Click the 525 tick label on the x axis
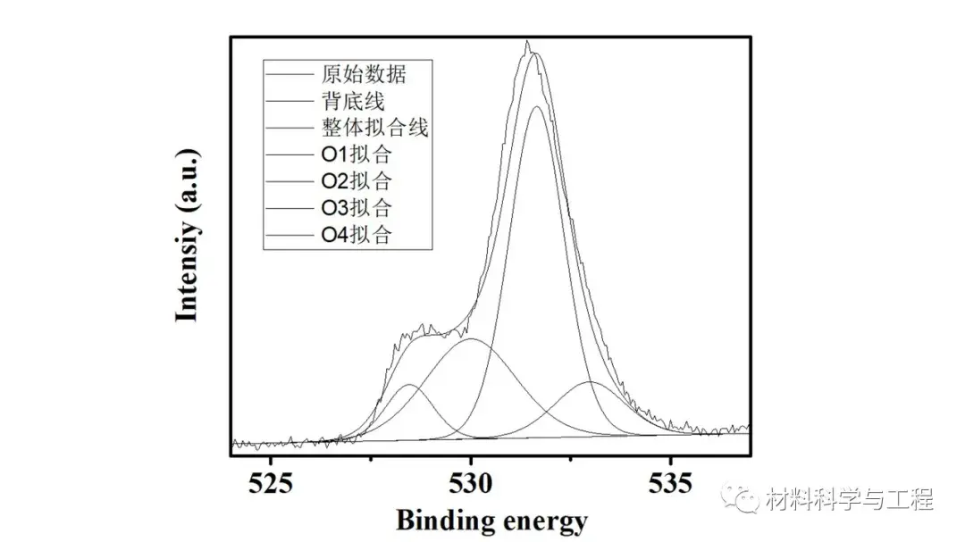tap(272, 484)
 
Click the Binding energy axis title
tap(491, 520)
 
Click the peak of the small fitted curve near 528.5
tap(410, 385)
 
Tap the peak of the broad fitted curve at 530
tap(471, 339)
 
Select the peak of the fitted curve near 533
tap(591, 382)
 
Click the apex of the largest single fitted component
tap(537, 107)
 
